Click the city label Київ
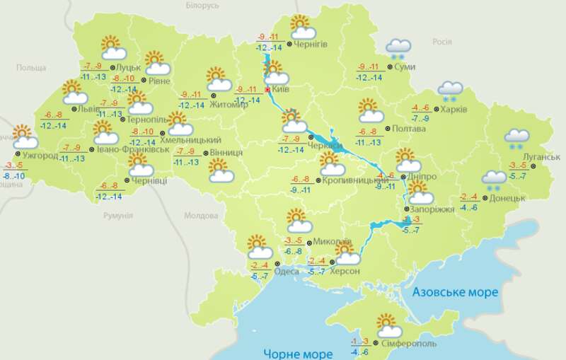[x=282, y=90]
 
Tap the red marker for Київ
[x=267, y=90]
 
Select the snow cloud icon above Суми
[x=398, y=48]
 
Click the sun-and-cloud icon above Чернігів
[x=302, y=27]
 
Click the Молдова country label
[x=200, y=216]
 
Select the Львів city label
[x=89, y=109]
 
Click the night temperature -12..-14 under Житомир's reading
[x=190, y=105]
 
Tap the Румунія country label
[x=112, y=215]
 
